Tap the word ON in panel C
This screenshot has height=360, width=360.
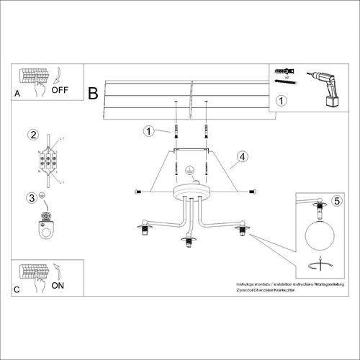click(x=58, y=284)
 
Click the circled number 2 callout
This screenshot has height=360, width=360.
click(x=32, y=135)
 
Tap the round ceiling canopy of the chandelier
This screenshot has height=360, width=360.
click(x=190, y=191)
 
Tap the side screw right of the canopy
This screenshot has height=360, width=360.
click(x=252, y=191)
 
